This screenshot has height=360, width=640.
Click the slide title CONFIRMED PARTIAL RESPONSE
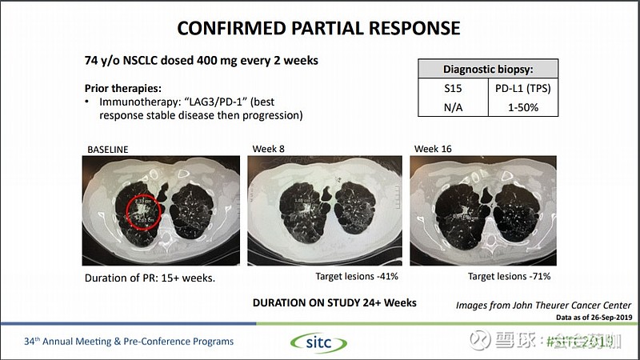coord(318,27)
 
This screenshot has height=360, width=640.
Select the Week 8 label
coord(267,149)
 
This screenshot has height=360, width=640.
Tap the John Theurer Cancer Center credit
coord(543,306)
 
